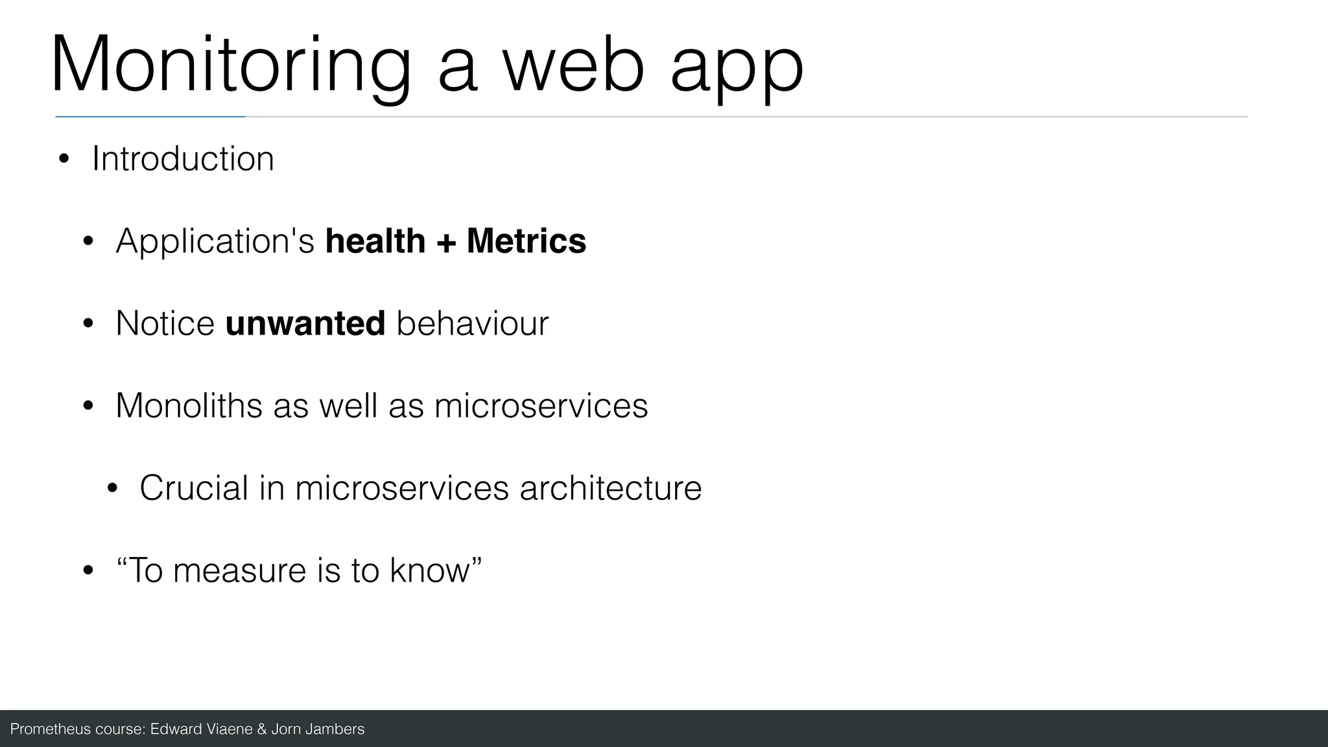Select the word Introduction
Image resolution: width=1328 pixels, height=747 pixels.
coord(183,159)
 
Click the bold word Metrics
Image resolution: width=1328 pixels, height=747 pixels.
coord(526,241)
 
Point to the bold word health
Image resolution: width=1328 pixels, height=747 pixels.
coord(375,241)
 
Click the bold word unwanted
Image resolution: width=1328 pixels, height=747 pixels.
coord(305,324)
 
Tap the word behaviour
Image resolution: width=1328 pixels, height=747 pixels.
coord(472,324)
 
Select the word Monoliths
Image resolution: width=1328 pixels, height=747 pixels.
coord(189,406)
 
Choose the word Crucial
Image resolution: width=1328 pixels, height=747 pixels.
coord(194,488)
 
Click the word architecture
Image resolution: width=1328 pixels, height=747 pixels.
coord(610,488)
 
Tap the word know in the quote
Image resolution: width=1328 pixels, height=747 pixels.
coord(429,571)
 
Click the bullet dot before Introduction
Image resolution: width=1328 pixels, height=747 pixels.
coord(64,160)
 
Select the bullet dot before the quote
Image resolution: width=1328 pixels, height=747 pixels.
coord(88,571)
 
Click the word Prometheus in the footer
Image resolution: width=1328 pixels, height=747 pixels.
coord(51,729)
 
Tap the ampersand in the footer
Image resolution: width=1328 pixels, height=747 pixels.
coord(261,729)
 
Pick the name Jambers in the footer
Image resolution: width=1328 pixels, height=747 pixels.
coord(335,729)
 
